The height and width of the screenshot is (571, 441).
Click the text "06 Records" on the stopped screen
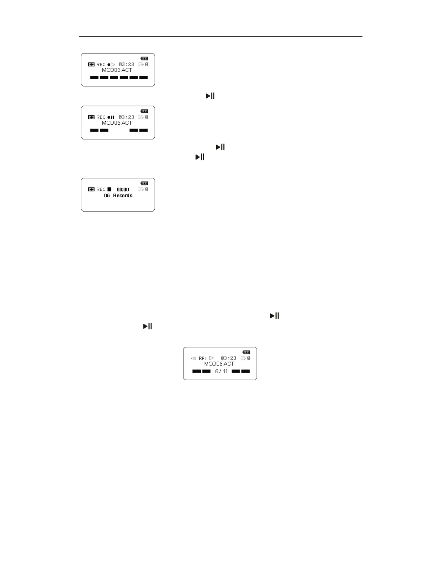(118, 195)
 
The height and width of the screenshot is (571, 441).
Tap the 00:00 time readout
(123, 189)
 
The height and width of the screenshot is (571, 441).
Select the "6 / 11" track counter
(221, 371)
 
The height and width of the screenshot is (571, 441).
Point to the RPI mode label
(202, 358)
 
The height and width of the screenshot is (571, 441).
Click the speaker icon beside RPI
(193, 358)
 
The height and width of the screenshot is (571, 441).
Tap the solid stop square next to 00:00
(109, 189)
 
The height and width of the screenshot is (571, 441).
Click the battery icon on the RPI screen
(246, 352)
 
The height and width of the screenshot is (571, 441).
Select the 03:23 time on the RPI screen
(228, 358)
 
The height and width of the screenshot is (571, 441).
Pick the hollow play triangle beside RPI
(211, 358)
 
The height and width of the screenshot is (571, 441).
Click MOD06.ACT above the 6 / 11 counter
(219, 364)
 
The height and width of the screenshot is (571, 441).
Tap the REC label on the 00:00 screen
(101, 189)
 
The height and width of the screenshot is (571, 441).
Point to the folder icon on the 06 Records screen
(141, 189)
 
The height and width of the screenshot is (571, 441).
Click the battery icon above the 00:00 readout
(144, 183)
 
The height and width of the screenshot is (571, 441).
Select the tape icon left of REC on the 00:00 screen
(92, 189)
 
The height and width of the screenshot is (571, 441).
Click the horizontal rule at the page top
(220, 37)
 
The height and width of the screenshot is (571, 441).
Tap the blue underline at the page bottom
(71, 568)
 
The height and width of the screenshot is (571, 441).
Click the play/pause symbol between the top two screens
(210, 96)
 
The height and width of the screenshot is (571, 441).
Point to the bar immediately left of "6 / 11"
(206, 371)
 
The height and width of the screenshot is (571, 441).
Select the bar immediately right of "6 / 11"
(236, 371)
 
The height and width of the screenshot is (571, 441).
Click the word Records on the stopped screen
(123, 195)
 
